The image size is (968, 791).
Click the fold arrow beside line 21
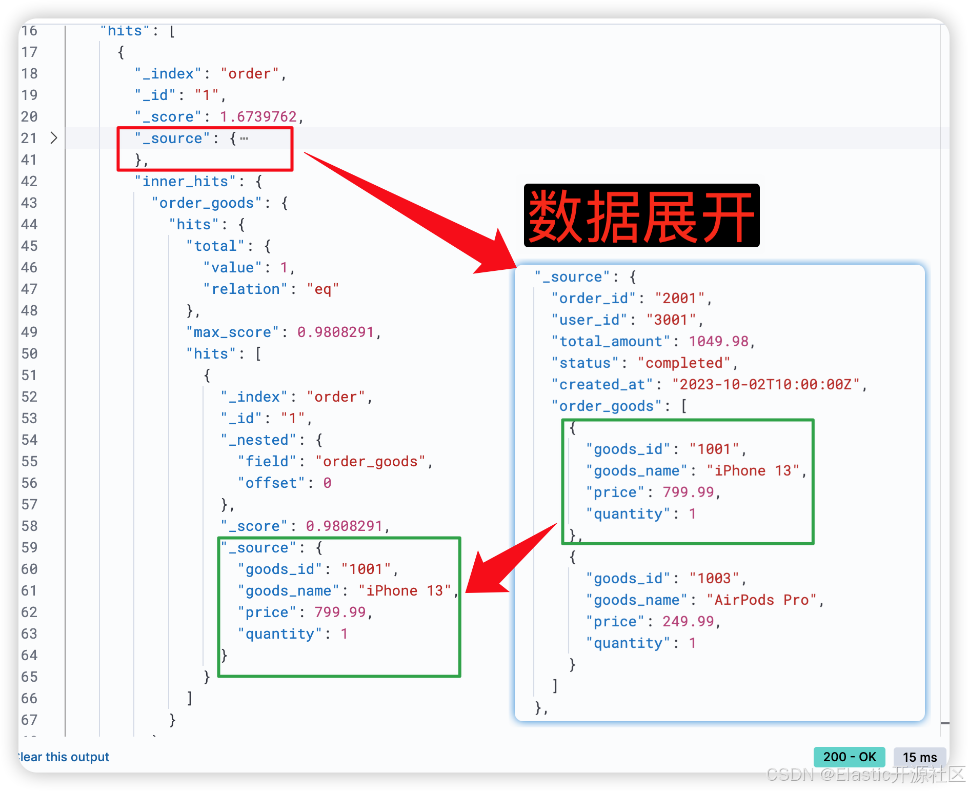(x=54, y=138)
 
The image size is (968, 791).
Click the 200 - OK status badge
(x=849, y=757)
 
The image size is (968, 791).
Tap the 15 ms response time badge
(x=919, y=757)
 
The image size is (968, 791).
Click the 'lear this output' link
(x=64, y=757)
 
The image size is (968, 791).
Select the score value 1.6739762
(x=258, y=117)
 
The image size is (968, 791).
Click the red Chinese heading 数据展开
(x=641, y=216)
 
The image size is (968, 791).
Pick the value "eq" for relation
(x=322, y=289)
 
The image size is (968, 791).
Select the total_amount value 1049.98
(x=718, y=342)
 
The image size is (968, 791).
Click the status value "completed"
(x=683, y=363)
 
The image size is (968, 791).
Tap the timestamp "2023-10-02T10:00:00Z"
(x=765, y=385)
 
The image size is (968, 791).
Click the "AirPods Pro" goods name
(x=761, y=600)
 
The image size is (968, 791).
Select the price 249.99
(x=688, y=622)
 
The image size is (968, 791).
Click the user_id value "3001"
(x=671, y=320)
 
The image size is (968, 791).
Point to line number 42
(x=29, y=182)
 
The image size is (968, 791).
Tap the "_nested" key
(x=258, y=440)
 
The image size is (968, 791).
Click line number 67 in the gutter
(x=29, y=720)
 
